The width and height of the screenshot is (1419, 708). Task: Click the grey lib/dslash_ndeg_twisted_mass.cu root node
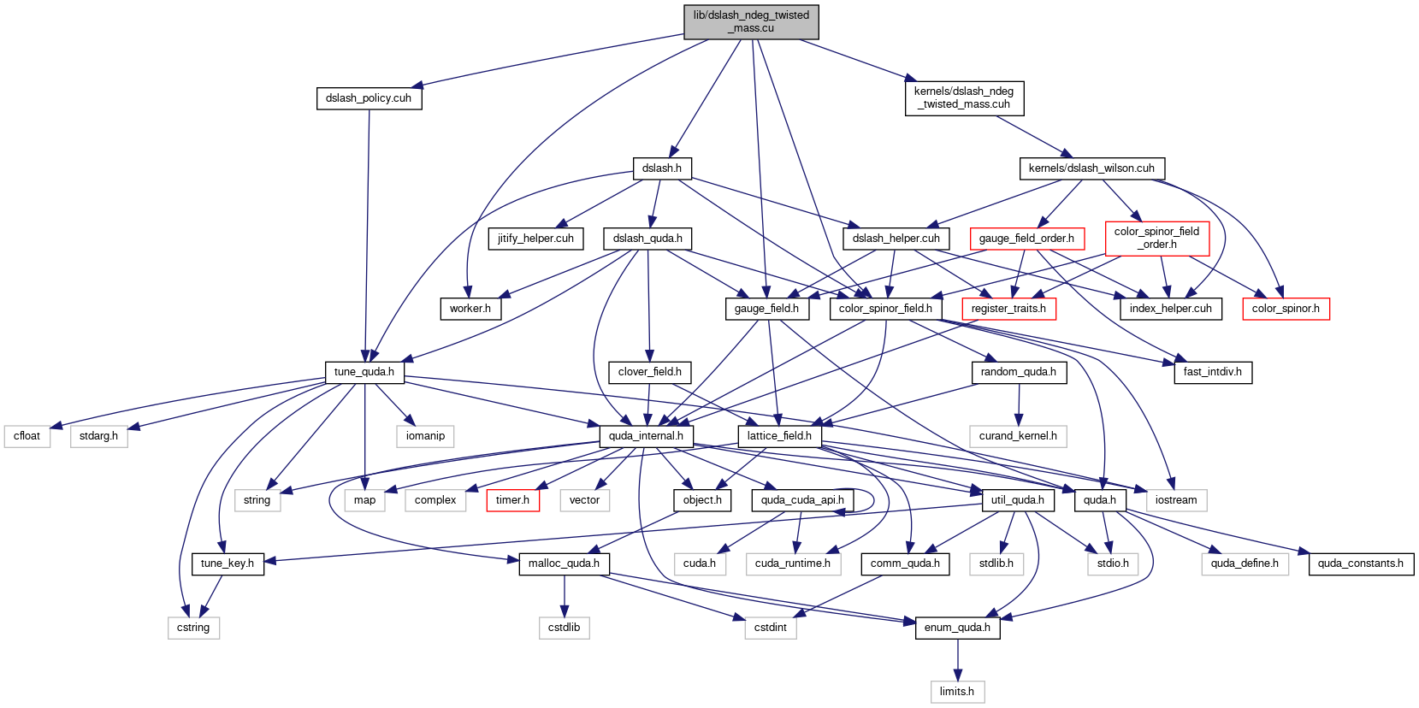click(751, 21)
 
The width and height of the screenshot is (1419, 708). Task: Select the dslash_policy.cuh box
click(369, 98)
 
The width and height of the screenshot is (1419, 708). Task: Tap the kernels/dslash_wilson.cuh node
click(1091, 168)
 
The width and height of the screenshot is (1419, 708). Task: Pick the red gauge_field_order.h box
click(1026, 239)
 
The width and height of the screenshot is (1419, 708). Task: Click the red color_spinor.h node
click(1286, 309)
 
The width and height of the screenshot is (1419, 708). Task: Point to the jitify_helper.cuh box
click(535, 239)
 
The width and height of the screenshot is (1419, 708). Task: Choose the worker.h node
click(470, 309)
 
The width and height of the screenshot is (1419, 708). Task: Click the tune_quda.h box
click(364, 372)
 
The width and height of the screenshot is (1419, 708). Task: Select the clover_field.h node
click(649, 372)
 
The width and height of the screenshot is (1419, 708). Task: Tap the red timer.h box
click(512, 500)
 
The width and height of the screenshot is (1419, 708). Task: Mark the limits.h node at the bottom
click(957, 692)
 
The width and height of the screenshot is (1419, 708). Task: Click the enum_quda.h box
click(957, 628)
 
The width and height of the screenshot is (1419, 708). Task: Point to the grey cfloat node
click(27, 436)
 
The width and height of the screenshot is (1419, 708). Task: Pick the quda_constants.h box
click(1361, 563)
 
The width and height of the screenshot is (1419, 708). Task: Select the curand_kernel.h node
click(1018, 436)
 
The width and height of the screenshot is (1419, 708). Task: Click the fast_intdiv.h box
click(1213, 372)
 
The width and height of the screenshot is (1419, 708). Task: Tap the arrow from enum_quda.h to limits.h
click(957, 659)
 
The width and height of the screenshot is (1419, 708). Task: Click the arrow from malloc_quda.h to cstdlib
click(564, 595)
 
